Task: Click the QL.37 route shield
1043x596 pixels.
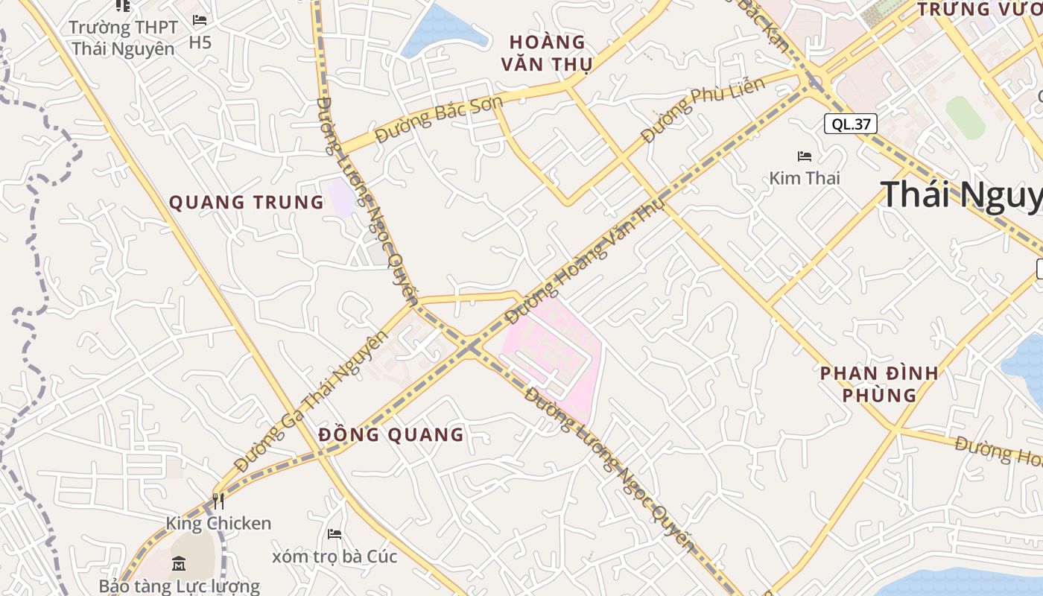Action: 850,124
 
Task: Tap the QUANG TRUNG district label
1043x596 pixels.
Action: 247,202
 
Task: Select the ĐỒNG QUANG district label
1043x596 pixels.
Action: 391,434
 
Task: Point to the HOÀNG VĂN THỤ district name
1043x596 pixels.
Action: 547,53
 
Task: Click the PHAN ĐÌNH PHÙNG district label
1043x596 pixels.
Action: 879,384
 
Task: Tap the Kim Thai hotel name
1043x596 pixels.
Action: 805,178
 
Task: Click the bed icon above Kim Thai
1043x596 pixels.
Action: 805,156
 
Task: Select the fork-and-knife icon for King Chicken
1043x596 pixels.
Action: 218,501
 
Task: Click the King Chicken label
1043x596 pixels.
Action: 218,523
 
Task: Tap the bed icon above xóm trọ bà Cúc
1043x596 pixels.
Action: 335,534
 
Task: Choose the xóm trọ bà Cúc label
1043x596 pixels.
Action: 335,557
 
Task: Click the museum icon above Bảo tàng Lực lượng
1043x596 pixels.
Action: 179,563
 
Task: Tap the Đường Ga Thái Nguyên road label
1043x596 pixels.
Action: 311,401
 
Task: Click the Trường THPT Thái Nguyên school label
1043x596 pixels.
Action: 123,38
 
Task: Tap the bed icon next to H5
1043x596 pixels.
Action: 200,20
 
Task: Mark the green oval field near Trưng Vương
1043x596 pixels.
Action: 966,117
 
